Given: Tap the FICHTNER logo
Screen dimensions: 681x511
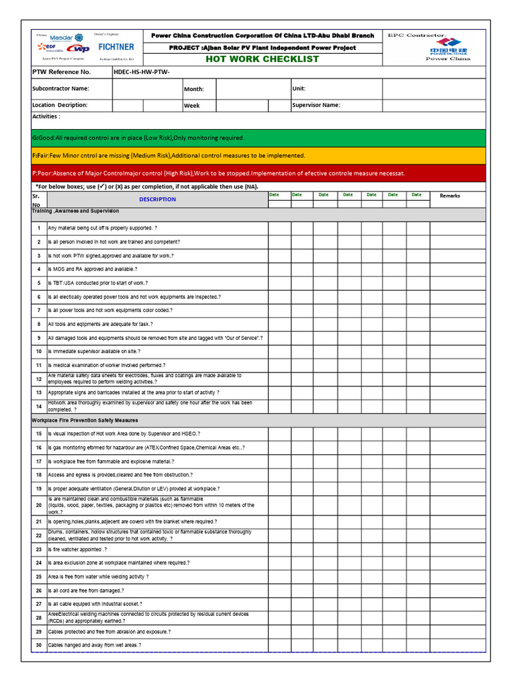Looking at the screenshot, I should click(x=116, y=47).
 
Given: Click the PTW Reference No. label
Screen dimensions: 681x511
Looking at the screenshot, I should click(x=61, y=72).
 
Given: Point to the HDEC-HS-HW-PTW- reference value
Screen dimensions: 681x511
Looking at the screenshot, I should click(x=142, y=72).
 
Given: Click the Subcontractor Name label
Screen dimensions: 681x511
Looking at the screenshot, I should click(x=61, y=88).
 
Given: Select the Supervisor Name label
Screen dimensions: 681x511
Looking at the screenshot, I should click(x=316, y=105).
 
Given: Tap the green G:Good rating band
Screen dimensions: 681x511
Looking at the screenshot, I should click(x=261, y=138).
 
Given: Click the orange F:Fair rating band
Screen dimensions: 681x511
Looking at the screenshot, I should click(x=261, y=156).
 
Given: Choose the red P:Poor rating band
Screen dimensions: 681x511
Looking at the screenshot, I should click(x=261, y=174).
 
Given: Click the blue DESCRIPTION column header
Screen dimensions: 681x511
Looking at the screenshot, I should click(x=158, y=200).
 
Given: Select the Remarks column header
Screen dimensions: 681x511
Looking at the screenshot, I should click(x=450, y=196).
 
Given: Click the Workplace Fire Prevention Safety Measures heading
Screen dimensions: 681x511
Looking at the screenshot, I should click(x=85, y=420).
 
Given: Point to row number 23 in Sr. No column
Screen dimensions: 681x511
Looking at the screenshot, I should click(x=39, y=550).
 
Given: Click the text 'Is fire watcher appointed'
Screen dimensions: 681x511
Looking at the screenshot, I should click(x=77, y=550).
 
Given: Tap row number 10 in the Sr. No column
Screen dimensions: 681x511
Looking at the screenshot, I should click(x=39, y=351).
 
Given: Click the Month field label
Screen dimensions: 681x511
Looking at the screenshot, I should click(x=194, y=89).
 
